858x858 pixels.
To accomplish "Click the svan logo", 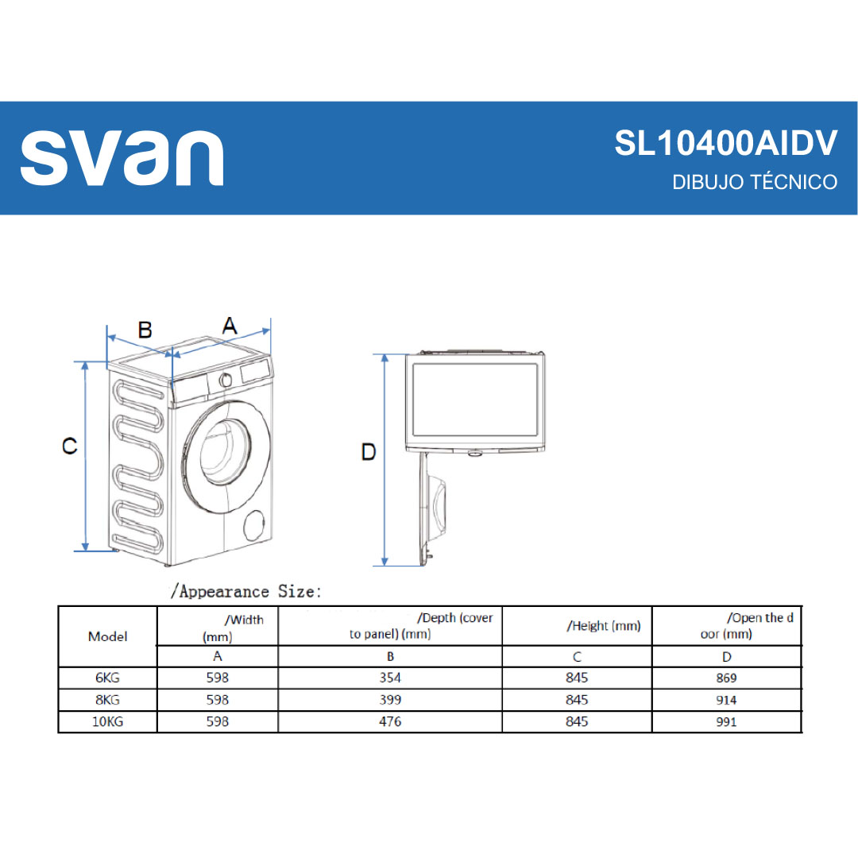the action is point(122,158).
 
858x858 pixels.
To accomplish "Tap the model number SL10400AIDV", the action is point(725,143).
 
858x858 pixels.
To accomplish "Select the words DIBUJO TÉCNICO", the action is point(755,182).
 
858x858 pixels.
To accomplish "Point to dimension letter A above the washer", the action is point(230,326).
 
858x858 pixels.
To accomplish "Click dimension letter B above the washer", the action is point(145,330).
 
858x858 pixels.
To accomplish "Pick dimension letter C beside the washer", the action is point(69,446).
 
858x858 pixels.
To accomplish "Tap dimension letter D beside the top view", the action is point(369,452).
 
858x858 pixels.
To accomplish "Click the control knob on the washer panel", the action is point(225,381).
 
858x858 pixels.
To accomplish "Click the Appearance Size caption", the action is point(245,592).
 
